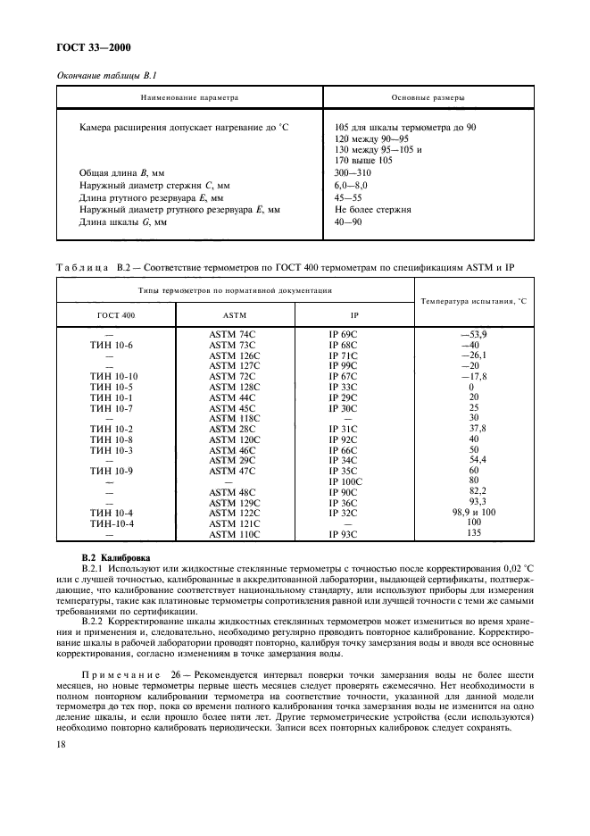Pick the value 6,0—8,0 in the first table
coord(350,185)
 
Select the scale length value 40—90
coord(348,222)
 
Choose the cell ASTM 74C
coord(232,333)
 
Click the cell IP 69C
coord(343,333)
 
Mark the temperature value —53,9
coord(473,332)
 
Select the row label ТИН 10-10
coord(114,376)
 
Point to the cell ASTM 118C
coord(234,418)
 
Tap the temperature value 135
coord(474,532)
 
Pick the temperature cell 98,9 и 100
coord(474,512)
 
